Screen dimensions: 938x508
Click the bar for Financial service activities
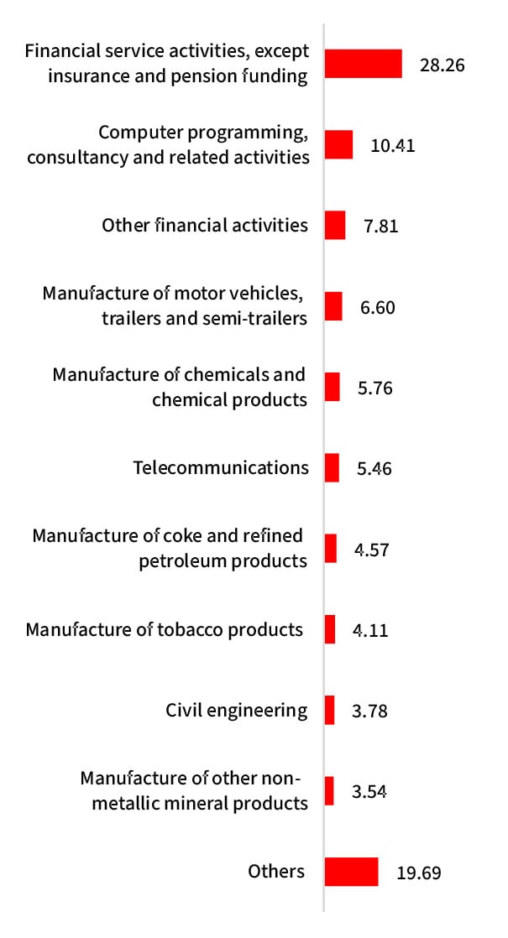pyautogui.click(x=363, y=64)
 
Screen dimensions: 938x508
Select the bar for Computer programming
pyautogui.click(x=338, y=144)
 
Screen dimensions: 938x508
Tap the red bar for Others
pyautogui.click(x=351, y=872)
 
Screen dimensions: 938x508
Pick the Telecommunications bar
pyautogui.click(x=332, y=467)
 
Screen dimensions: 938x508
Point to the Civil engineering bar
pyautogui.click(x=329, y=710)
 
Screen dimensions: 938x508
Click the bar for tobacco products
pyautogui.click(x=330, y=629)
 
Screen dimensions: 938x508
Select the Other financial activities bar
pyautogui.click(x=335, y=225)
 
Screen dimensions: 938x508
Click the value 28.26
pyautogui.click(x=442, y=65)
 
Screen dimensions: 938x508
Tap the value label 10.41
pyautogui.click(x=393, y=145)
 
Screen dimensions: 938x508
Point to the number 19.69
pyautogui.click(x=418, y=873)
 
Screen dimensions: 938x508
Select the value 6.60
pyautogui.click(x=377, y=307)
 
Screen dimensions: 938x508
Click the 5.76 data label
pyautogui.click(x=374, y=388)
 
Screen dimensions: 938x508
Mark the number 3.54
pyautogui.click(x=369, y=792)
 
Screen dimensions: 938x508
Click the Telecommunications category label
pyautogui.click(x=221, y=467)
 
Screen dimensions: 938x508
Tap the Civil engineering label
pyautogui.click(x=237, y=711)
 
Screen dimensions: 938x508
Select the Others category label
pyautogui.click(x=276, y=871)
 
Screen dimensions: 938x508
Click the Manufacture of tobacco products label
pyautogui.click(x=164, y=629)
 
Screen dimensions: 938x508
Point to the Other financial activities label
pyautogui.click(x=205, y=225)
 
